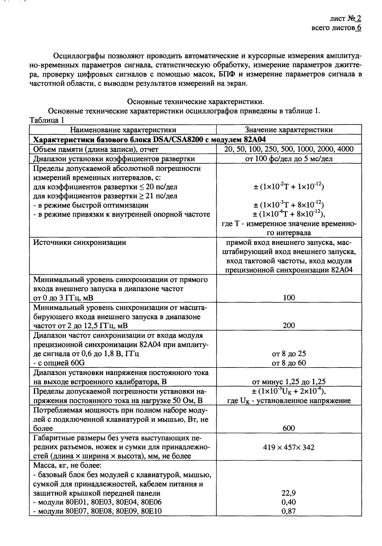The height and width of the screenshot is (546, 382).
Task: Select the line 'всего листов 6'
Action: [x=336, y=28]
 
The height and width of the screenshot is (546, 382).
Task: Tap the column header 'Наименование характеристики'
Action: [x=123, y=130]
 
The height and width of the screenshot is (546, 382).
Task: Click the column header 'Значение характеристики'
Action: [x=289, y=130]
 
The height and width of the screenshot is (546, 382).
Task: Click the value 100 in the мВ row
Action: [x=289, y=298]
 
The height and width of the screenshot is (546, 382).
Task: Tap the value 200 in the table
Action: [x=289, y=326]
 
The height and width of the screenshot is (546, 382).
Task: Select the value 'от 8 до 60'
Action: [x=289, y=363]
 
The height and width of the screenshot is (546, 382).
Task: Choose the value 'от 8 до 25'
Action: [x=289, y=354]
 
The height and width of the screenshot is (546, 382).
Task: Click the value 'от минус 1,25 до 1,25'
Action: [x=289, y=382]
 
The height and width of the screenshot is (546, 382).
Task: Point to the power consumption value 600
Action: [x=289, y=428]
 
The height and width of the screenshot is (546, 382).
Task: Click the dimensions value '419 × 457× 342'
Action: [x=289, y=447]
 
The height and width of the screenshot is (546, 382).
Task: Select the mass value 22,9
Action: [x=289, y=493]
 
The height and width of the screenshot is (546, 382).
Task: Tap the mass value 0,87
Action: [x=289, y=511]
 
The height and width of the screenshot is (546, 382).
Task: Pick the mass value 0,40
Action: [x=289, y=502]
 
